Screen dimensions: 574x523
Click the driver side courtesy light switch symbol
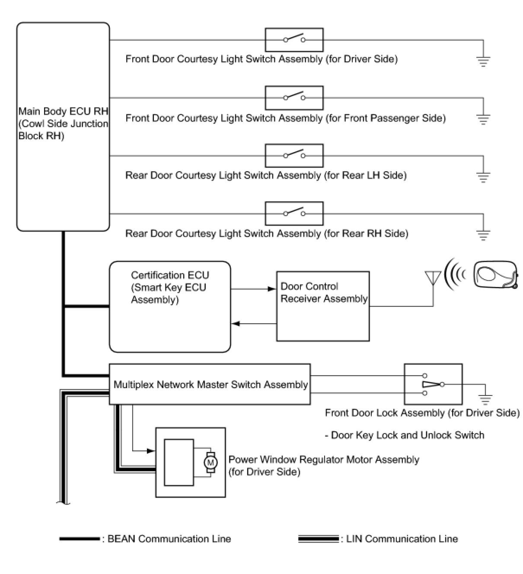coord(294,40)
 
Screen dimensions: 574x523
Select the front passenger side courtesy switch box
coord(294,98)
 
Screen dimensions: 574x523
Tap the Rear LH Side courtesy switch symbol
coord(294,155)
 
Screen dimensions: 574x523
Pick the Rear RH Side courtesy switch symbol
coord(294,213)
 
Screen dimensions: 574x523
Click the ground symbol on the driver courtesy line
coord(483,61)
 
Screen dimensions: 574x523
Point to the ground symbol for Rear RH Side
coord(483,235)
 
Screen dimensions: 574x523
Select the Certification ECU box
coord(170,306)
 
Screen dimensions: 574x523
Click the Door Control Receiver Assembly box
coord(323,306)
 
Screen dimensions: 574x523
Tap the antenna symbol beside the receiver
coord(433,279)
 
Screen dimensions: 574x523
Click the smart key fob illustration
coord(496,274)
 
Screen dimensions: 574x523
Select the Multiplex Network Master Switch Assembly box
coord(210,384)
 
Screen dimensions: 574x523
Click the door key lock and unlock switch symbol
coord(433,384)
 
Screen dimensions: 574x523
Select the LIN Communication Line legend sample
coord(318,539)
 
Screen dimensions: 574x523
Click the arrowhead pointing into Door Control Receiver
coord(272,289)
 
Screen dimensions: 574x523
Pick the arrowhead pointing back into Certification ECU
coord(236,323)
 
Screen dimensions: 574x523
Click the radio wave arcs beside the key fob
coord(456,274)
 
